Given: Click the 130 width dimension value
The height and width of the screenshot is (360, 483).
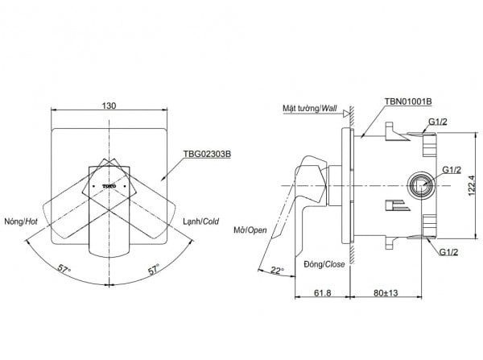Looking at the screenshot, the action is pyautogui.click(x=109, y=106).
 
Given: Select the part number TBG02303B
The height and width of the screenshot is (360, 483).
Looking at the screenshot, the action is pyautogui.click(x=207, y=154).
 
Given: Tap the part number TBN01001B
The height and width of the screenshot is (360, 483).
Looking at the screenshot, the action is pyautogui.click(x=408, y=101).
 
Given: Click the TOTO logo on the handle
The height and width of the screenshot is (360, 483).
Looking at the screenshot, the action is pyautogui.click(x=109, y=186).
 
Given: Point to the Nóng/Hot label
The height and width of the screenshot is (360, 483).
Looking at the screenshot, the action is pyautogui.click(x=21, y=221).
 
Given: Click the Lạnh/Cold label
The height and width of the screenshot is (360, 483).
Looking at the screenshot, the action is pyautogui.click(x=200, y=221).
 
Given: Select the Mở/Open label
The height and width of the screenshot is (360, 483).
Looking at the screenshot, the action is pyautogui.click(x=250, y=230).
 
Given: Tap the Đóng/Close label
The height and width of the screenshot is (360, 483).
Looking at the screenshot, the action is pyautogui.click(x=324, y=264).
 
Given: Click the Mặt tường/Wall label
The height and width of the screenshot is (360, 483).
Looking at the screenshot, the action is pyautogui.click(x=310, y=108).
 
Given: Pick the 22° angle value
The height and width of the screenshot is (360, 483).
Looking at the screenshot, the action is pyautogui.click(x=277, y=271).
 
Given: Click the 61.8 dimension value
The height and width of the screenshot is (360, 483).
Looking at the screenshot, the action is pyautogui.click(x=323, y=292).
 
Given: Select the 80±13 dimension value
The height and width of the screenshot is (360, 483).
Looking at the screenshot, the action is pyautogui.click(x=386, y=292).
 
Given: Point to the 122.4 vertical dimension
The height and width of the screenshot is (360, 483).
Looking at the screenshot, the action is pyautogui.click(x=472, y=185).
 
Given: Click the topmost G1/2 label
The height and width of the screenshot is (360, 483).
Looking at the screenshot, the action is pyautogui.click(x=438, y=122).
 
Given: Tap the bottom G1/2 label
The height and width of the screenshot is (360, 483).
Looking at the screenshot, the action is pyautogui.click(x=448, y=252).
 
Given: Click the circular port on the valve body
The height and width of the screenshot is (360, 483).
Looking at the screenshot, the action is pyautogui.click(x=421, y=185).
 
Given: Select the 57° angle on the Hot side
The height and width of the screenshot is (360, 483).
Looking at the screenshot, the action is pyautogui.click(x=64, y=269).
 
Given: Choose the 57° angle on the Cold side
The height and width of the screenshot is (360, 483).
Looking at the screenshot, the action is pyautogui.click(x=154, y=269).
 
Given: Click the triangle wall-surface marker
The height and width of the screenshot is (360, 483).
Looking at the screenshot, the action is pyautogui.click(x=346, y=114).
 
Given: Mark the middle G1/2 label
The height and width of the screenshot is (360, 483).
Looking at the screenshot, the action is pyautogui.click(x=452, y=170).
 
